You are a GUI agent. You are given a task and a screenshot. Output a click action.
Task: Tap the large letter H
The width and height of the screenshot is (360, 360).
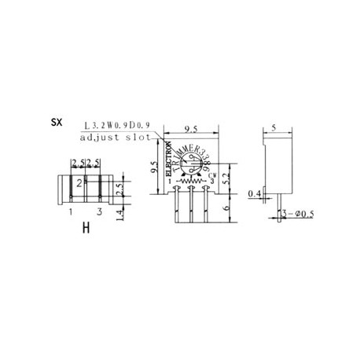83,230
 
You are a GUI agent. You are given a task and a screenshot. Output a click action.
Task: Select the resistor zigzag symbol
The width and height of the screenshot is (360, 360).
191,183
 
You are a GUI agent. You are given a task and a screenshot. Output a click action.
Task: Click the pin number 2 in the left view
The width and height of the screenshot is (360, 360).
79,182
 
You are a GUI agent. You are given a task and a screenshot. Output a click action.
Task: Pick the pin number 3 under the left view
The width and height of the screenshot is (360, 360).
98,212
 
